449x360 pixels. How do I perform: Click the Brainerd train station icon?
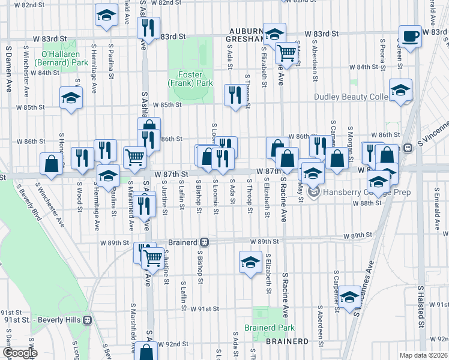click(204, 242)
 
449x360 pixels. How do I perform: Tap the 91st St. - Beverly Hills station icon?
click(88, 320)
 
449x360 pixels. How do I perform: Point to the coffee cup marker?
click(411, 35)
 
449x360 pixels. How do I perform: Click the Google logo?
click(19, 353)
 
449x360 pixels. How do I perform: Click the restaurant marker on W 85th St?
click(233, 95)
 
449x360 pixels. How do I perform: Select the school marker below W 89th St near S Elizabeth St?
click(250, 262)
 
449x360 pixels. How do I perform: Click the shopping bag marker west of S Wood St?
click(52, 163)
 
